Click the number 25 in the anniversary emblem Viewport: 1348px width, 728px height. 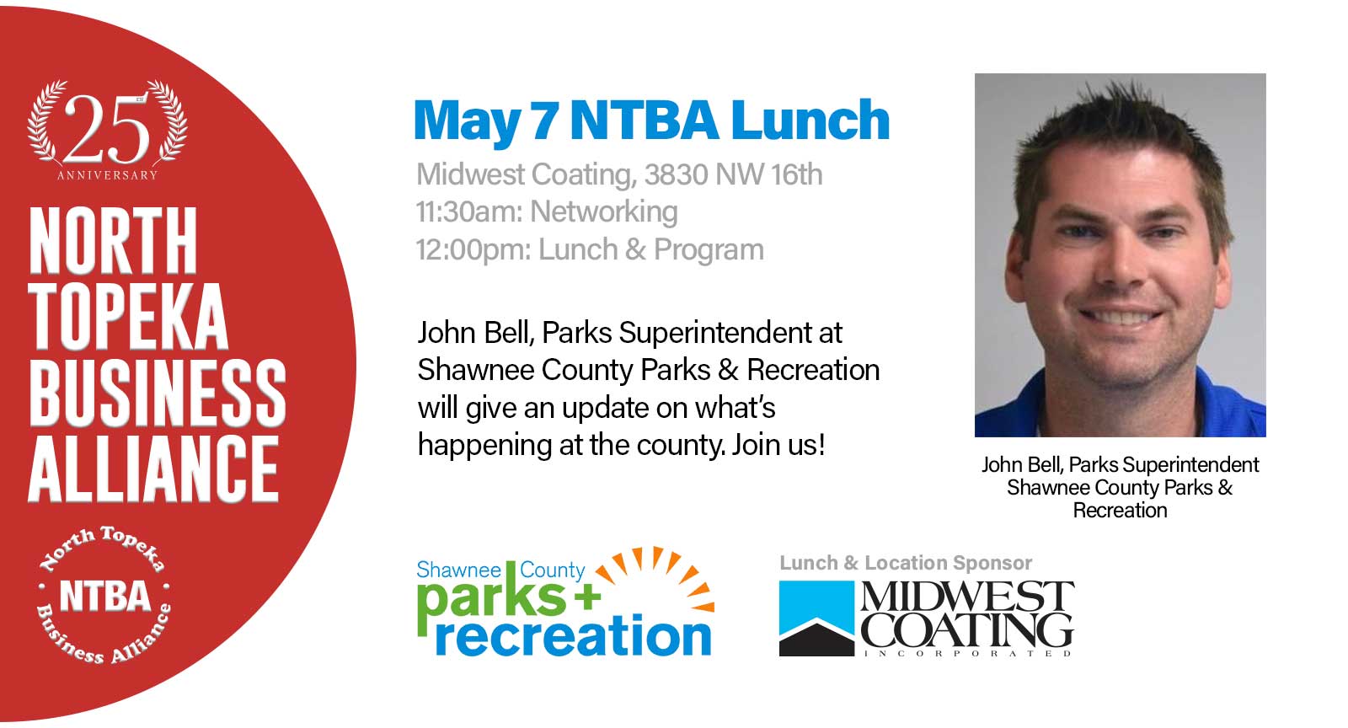coord(107,130)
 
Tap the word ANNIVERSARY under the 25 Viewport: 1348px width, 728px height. coord(107,176)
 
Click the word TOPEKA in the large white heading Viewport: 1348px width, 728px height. coord(128,317)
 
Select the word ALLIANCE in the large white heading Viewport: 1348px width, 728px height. coord(153,468)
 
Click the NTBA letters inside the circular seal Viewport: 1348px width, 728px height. coord(104,596)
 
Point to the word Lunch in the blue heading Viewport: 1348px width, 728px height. coord(810,120)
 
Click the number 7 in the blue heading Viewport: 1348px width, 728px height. coord(544,121)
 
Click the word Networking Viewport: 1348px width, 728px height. coord(603,212)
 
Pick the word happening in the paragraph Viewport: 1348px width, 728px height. coord(484,446)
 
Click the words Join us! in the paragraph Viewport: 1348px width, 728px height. coord(778,445)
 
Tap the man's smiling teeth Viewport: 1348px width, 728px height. coord(1120,316)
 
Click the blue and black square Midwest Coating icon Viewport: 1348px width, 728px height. coord(816,618)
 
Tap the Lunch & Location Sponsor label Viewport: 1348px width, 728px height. coord(906,563)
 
